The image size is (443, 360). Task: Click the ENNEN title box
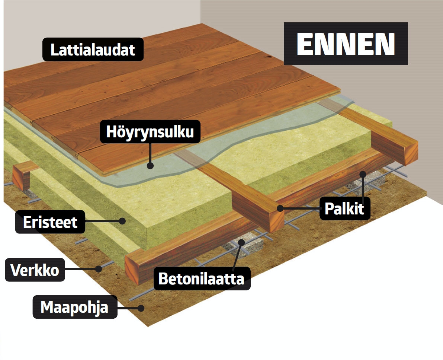click(346, 44)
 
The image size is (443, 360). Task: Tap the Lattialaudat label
click(93, 50)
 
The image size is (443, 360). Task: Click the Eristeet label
click(50, 222)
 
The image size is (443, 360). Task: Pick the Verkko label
click(35, 270)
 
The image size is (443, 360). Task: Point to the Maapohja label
click(74, 308)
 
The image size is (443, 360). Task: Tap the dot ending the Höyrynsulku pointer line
click(150, 165)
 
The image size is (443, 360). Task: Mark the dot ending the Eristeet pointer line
click(122, 221)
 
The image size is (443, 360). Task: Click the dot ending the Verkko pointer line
click(99, 268)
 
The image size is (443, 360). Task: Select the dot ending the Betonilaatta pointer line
click(241, 242)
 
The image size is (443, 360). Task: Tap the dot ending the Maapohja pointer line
click(141, 308)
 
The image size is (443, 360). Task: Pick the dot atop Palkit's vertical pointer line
click(363, 173)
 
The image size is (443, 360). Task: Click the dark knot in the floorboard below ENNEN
click(267, 58)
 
